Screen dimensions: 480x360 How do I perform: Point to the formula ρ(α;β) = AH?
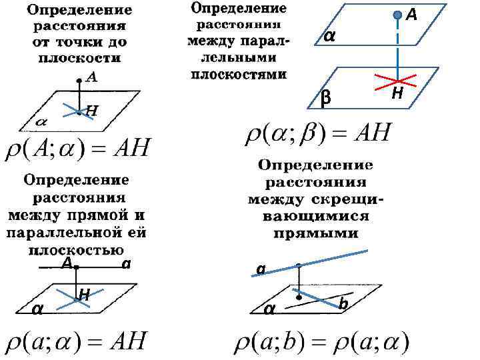coord(319,135)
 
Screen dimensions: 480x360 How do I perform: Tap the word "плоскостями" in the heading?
coord(239,73)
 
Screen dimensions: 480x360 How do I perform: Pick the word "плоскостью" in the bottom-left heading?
coord(75,250)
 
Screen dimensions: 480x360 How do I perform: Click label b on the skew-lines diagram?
coord(343,303)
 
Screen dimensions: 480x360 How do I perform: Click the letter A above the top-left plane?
coord(91,77)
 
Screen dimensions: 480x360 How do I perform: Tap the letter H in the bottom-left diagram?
coord(85,293)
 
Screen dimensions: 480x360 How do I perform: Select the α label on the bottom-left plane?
coord(39,309)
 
